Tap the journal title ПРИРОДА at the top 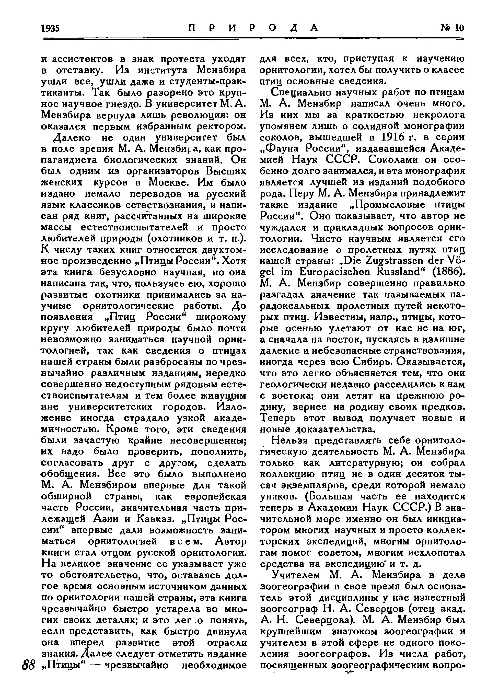[x=253, y=28]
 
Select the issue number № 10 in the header [x=452, y=28]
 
